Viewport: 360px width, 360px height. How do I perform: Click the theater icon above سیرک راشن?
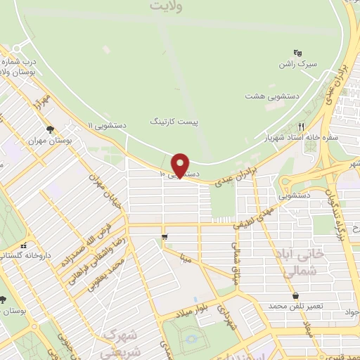[x=297, y=52]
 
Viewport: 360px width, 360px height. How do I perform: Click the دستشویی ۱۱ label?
[x=107, y=124]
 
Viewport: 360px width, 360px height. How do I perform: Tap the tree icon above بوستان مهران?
[x=50, y=129]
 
